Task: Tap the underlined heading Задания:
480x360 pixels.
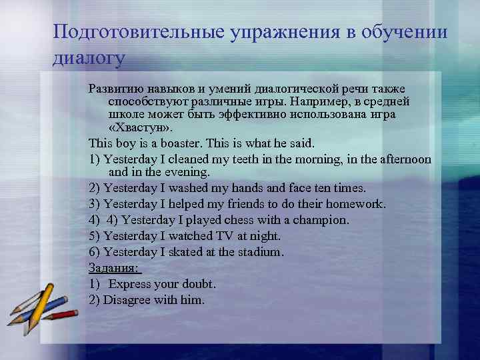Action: pos(114,267)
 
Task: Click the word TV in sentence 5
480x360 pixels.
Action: pos(224,236)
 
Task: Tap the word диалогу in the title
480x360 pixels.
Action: pos(89,58)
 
